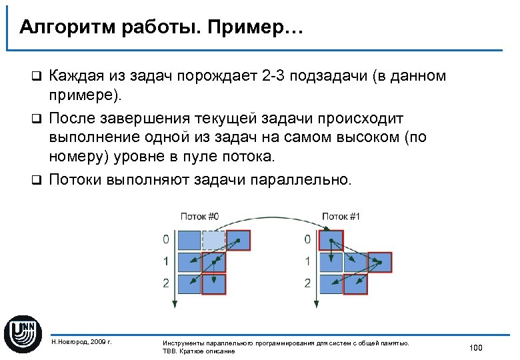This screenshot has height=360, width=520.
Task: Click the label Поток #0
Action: pyautogui.click(x=199, y=216)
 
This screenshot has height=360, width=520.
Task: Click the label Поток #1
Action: pyautogui.click(x=341, y=216)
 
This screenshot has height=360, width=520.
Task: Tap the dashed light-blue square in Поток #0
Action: pyautogui.click(x=213, y=239)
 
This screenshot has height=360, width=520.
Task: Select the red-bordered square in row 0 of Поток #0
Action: pyautogui.click(x=237, y=239)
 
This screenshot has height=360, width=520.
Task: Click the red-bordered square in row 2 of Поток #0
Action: pyautogui.click(x=214, y=285)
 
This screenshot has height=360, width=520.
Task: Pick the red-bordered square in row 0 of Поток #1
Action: pyautogui.click(x=331, y=239)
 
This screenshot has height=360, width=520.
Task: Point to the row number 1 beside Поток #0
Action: pyautogui.click(x=165, y=261)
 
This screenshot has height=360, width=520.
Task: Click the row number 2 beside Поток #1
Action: pyautogui.click(x=307, y=283)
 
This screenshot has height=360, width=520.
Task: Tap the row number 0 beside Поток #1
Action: pyautogui.click(x=307, y=239)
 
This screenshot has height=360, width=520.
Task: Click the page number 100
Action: pyautogui.click(x=475, y=348)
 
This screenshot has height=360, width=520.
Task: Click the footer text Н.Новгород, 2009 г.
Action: pyautogui.click(x=81, y=342)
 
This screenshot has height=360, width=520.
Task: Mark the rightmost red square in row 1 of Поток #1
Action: pyautogui.click(x=379, y=262)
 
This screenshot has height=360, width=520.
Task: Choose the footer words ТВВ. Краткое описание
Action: pyautogui.click(x=199, y=351)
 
